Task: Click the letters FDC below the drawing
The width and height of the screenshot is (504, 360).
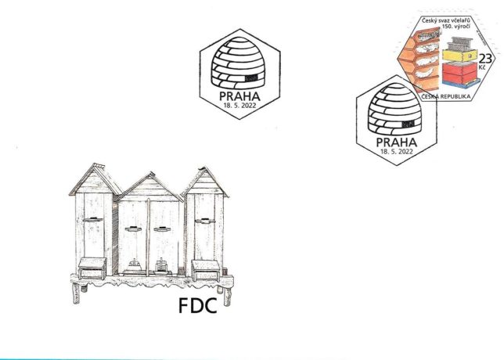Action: (x=198, y=306)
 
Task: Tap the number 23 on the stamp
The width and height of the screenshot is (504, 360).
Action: (x=485, y=59)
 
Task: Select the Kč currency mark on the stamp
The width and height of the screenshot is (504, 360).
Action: (x=482, y=67)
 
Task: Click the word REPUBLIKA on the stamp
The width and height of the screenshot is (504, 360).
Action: (x=455, y=96)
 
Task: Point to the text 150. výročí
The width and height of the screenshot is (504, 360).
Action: (x=456, y=26)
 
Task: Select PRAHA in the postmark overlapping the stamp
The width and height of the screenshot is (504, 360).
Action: (x=396, y=142)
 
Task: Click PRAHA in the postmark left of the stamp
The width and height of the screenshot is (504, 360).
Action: (x=239, y=96)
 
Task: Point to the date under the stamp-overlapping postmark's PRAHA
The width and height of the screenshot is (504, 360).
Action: (x=396, y=151)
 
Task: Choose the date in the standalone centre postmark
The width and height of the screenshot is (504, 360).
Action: (x=239, y=105)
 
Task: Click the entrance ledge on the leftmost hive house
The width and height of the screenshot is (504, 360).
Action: (x=93, y=220)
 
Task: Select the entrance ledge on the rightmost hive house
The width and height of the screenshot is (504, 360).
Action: (x=205, y=221)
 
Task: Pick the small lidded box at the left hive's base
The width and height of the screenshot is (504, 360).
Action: (x=92, y=268)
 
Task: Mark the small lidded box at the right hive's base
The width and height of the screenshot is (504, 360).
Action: (x=206, y=270)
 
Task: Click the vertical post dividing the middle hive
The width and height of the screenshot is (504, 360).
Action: (x=148, y=237)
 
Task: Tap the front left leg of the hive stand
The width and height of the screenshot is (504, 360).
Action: (x=76, y=293)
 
